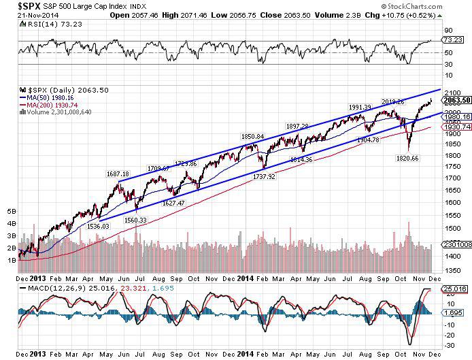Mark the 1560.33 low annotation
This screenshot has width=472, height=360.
136,220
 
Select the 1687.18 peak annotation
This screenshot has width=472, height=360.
118,174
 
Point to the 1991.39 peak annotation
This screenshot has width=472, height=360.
360,107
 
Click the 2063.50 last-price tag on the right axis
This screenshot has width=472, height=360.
457,100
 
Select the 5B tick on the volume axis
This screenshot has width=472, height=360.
10,212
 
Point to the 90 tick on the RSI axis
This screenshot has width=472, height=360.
448,31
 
